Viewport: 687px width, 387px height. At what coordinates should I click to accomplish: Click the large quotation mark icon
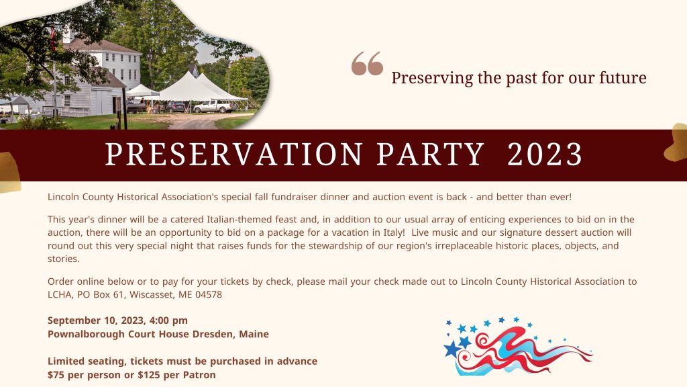tap(367, 64)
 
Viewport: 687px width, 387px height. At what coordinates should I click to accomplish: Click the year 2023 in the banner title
tap(545, 155)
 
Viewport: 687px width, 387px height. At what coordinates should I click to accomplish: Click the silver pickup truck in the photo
tap(215, 105)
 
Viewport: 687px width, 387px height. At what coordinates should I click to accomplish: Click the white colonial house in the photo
tap(101, 67)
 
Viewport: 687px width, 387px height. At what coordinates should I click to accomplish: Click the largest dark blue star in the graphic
tap(453, 349)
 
